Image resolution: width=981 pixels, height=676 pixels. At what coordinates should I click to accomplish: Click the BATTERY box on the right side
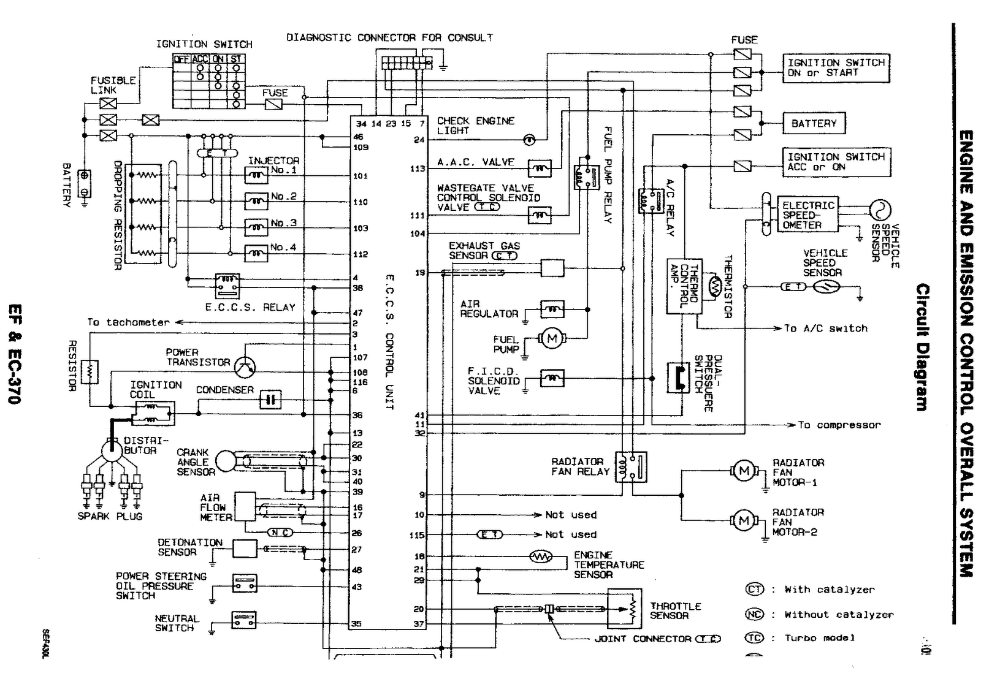pos(814,123)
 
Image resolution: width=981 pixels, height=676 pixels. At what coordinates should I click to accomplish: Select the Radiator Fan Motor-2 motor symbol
pos(744,521)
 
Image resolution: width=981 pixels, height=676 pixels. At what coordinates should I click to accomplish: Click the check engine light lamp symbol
pos(529,140)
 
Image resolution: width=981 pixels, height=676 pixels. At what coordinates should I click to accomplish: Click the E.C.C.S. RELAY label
pos(250,308)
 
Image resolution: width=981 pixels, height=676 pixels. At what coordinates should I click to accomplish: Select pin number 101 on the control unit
pos(360,177)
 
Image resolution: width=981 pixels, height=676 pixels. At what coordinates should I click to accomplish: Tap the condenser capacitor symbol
pos(270,400)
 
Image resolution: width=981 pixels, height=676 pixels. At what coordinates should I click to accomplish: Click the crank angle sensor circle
pos(226,461)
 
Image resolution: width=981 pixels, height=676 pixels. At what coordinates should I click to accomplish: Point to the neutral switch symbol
pos(244,620)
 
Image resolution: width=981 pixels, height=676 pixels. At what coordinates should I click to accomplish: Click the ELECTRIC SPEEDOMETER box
pos(809,215)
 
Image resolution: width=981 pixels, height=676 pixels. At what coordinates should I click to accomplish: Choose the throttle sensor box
pos(624,609)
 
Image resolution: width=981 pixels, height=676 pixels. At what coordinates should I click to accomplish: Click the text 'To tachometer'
pos(128,322)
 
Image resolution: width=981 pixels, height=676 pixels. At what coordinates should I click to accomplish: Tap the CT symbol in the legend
pos(754,590)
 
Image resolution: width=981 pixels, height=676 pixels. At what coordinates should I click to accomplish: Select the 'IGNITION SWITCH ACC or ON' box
pos(836,162)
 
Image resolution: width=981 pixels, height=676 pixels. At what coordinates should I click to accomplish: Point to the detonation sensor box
pos(244,549)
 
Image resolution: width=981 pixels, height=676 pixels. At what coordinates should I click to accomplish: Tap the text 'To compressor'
pos(839,425)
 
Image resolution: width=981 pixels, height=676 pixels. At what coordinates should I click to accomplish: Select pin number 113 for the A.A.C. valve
pos(418,169)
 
